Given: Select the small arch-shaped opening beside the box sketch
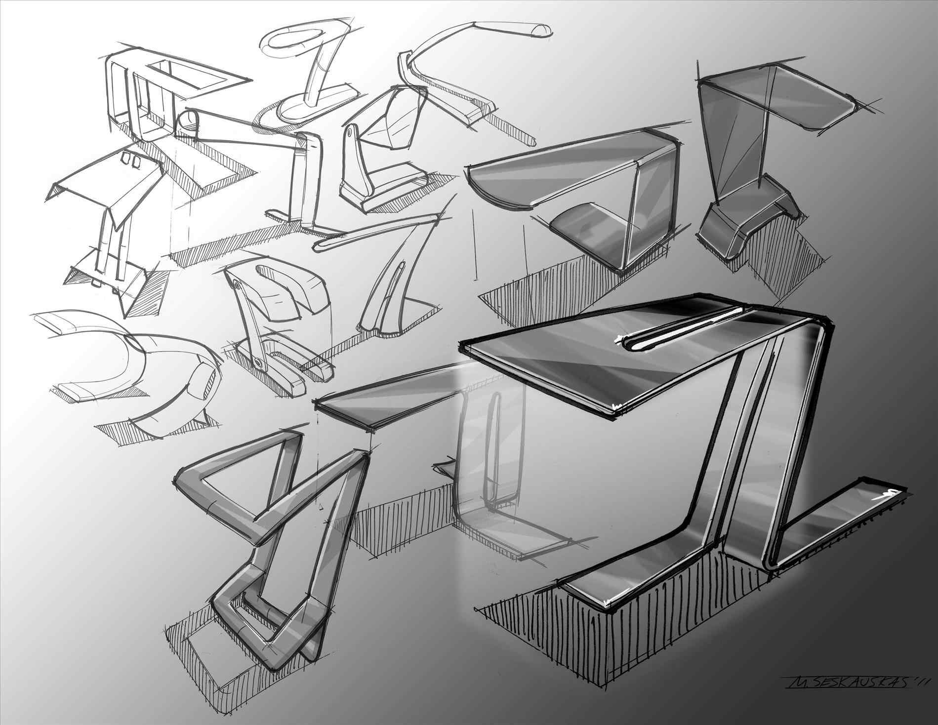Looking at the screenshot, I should [x=189, y=121].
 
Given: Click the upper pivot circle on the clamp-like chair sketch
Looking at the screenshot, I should [x=239, y=286].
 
